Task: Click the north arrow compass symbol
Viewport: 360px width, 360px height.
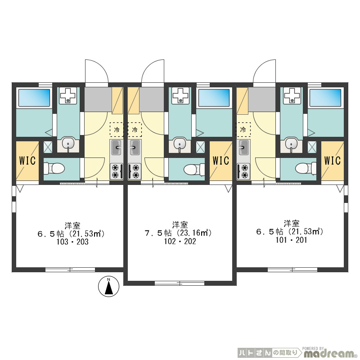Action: click(x=109, y=286)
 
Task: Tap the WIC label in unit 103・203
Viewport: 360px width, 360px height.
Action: click(x=27, y=161)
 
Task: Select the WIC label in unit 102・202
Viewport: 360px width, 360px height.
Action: click(x=221, y=161)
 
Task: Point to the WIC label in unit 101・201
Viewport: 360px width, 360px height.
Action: click(x=332, y=161)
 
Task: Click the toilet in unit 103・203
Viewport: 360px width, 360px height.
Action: click(x=54, y=168)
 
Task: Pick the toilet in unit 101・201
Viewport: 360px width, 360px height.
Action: click(x=306, y=168)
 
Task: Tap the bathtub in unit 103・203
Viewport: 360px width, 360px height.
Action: click(x=34, y=98)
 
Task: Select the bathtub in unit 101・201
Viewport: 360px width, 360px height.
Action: click(x=325, y=98)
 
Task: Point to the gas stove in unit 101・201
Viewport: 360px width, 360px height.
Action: click(x=243, y=171)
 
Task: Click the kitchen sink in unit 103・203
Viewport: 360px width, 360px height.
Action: click(x=117, y=148)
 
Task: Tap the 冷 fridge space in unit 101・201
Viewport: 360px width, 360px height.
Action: click(x=243, y=130)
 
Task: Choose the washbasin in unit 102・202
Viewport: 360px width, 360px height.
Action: click(x=180, y=144)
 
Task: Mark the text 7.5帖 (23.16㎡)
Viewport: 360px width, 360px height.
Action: click(x=178, y=233)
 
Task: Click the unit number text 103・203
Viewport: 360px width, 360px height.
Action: click(x=72, y=242)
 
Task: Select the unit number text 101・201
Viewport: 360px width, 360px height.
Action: click(x=291, y=240)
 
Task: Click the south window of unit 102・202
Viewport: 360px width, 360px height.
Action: click(x=179, y=283)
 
